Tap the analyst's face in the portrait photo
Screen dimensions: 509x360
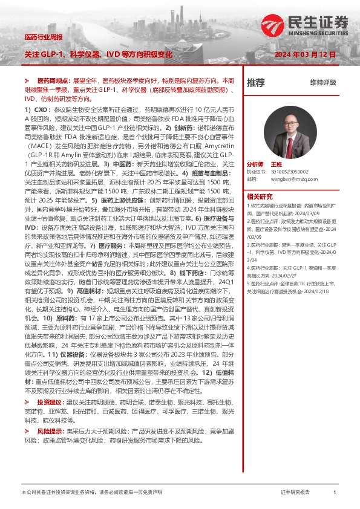pyautogui.click(x=290, y=122)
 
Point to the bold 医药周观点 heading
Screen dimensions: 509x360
pyautogui.click(x=54, y=80)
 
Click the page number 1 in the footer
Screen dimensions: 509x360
pyautogui.click(x=334, y=493)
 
